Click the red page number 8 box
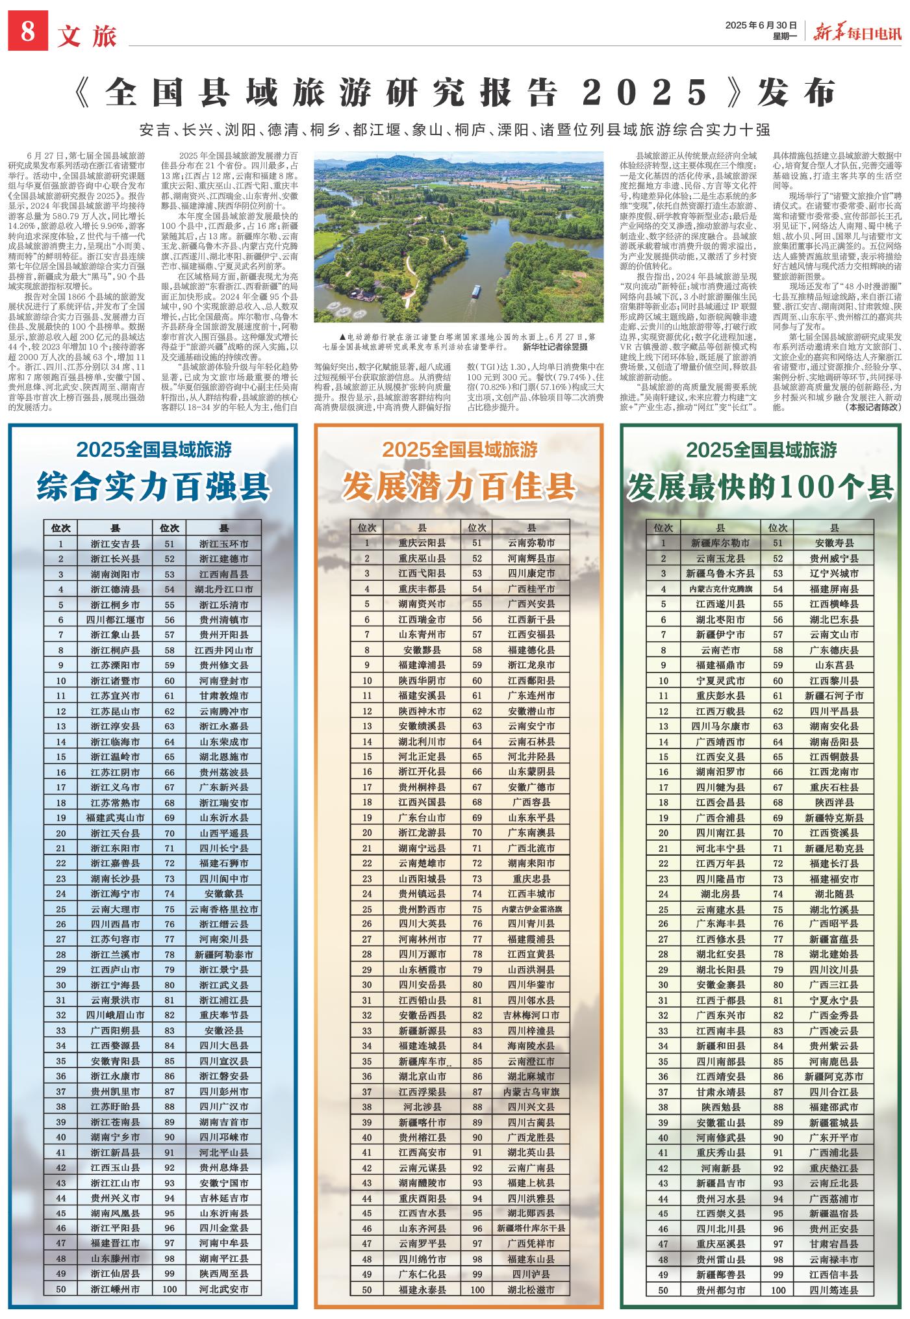(28, 31)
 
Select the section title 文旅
(86, 36)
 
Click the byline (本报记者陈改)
(873, 407)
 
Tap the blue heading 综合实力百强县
(153, 486)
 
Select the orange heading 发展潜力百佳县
(459, 486)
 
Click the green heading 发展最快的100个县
(761, 486)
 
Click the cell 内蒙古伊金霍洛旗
(531, 909)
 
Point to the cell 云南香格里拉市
(224, 909)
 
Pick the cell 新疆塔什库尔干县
(531, 1228)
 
